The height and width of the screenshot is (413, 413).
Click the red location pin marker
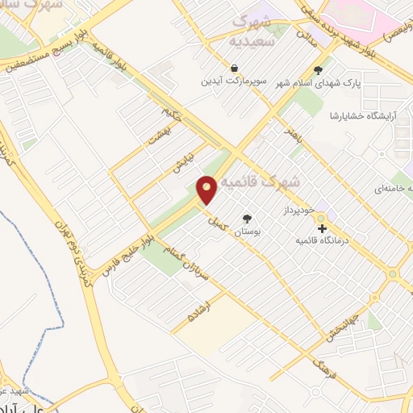click(207, 189)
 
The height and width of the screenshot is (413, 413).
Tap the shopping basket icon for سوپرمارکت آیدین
click(234, 69)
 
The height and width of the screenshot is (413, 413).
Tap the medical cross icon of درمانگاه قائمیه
click(322, 229)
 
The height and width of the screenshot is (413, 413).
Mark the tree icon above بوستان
click(247, 219)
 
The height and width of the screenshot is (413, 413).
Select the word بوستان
click(248, 232)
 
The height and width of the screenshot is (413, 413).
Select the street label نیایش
click(184, 165)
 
